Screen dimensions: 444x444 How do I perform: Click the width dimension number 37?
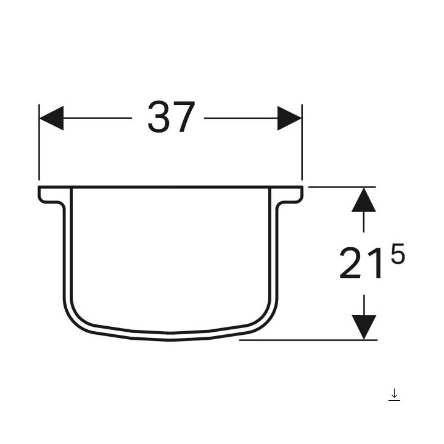click(x=171, y=118)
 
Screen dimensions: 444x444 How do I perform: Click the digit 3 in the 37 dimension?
click(x=158, y=118)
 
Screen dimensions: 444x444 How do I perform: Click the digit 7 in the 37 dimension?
click(x=184, y=118)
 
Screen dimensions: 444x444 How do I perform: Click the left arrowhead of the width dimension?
click(x=51, y=118)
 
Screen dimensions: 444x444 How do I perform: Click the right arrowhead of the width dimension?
click(x=289, y=118)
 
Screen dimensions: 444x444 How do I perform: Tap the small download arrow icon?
click(x=394, y=395)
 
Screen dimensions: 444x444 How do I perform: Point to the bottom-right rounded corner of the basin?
click(x=268, y=317)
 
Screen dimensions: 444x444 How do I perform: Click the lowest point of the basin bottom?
click(x=171, y=336)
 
